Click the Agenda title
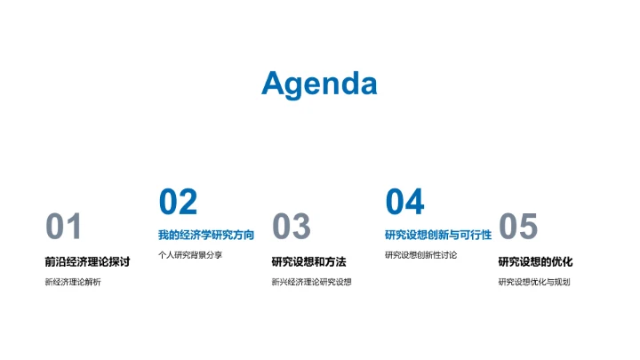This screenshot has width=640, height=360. point(319,84)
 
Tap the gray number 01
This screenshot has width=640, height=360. point(64,228)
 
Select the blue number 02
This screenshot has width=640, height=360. point(178,203)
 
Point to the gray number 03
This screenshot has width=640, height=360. point(291,228)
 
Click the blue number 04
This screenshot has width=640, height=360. point(404,203)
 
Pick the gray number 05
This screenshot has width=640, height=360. point(518,228)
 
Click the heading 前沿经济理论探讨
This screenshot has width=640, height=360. point(87,262)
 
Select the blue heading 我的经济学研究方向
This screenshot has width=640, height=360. point(206,236)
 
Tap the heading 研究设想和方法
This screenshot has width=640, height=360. point(308,262)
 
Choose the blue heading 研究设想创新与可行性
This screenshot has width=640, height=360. point(437,236)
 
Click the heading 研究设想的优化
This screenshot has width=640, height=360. point(535,262)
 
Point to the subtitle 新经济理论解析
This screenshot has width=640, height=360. point(73,283)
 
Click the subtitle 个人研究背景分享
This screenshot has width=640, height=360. point(190,255)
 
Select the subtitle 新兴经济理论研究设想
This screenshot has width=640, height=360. point(311,283)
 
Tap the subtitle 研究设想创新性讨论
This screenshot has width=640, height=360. point(421,255)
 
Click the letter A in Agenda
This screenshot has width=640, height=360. point(274,84)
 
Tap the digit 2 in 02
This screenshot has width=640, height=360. point(188,203)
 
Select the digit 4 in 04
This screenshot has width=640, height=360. point(415,203)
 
